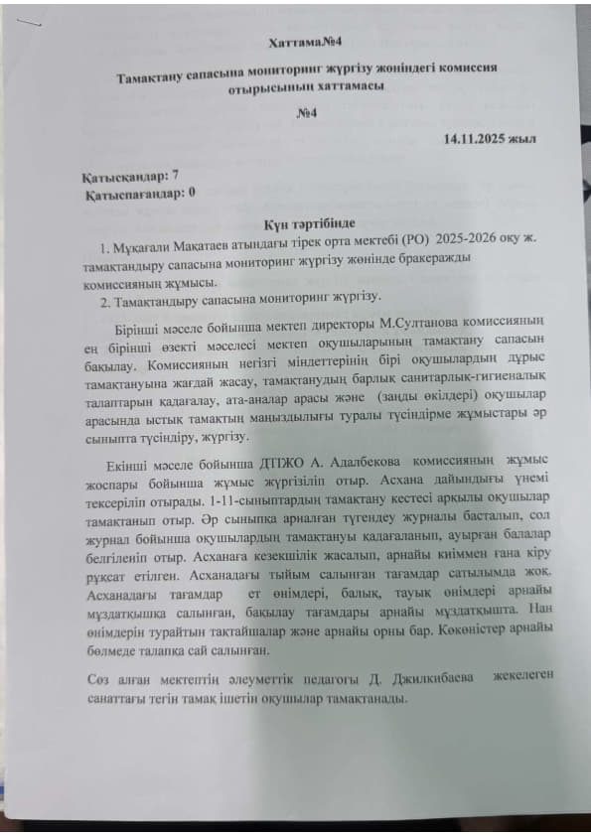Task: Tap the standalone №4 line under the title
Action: [x=305, y=114]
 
